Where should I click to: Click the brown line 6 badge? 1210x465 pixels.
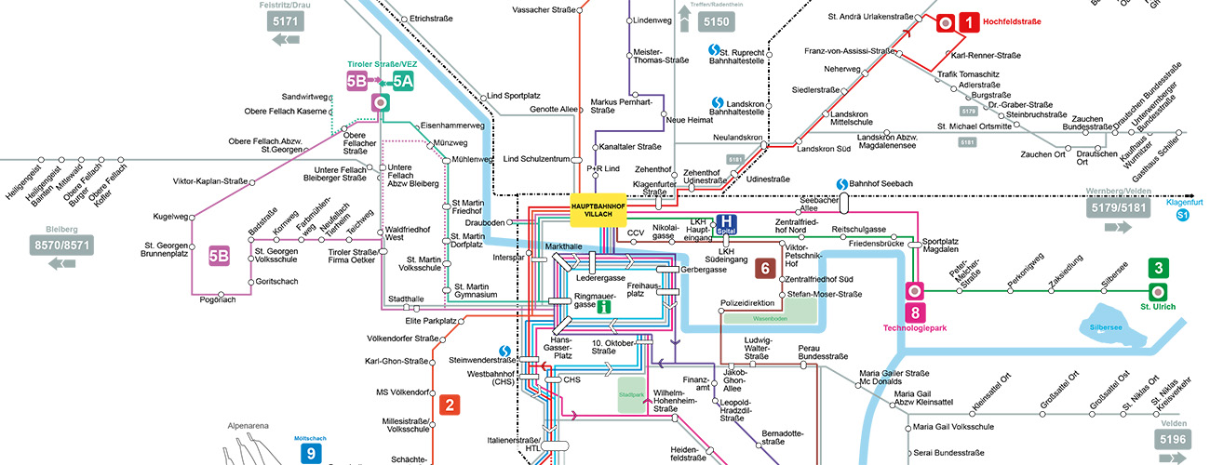(x=765, y=268)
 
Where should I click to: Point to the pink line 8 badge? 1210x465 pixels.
(x=915, y=313)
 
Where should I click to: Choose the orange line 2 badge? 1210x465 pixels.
(x=450, y=405)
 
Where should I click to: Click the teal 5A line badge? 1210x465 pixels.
(x=402, y=81)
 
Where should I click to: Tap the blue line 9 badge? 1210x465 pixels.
(x=312, y=453)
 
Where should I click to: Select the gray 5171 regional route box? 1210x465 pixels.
(x=287, y=20)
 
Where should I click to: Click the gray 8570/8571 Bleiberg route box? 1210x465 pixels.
(x=64, y=246)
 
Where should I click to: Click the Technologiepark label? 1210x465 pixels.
(x=915, y=328)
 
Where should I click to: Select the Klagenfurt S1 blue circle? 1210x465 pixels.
(x=1183, y=216)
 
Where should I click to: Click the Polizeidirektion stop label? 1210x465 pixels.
(x=747, y=303)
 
